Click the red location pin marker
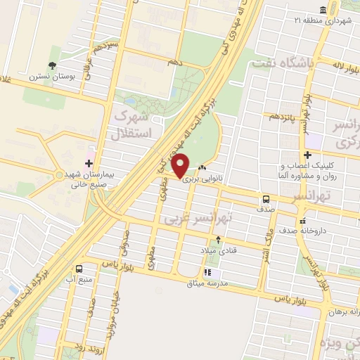pos(181,166)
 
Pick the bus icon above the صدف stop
pos(266,198)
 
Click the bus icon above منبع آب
pos(78,268)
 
